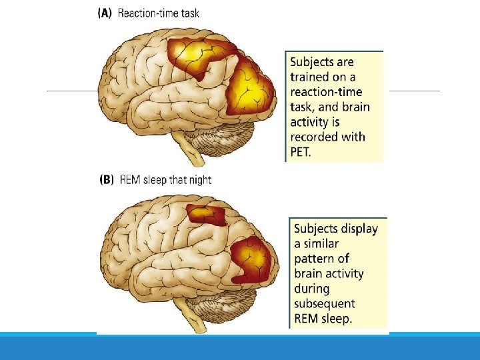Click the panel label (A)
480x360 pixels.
tap(105, 13)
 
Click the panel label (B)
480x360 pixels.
tap(107, 180)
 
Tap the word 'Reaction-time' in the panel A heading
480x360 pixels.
tap(146, 13)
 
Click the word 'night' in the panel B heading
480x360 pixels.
tap(199, 180)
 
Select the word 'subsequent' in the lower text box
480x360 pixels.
tap(325, 303)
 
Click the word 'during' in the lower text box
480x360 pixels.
tap(312, 289)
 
